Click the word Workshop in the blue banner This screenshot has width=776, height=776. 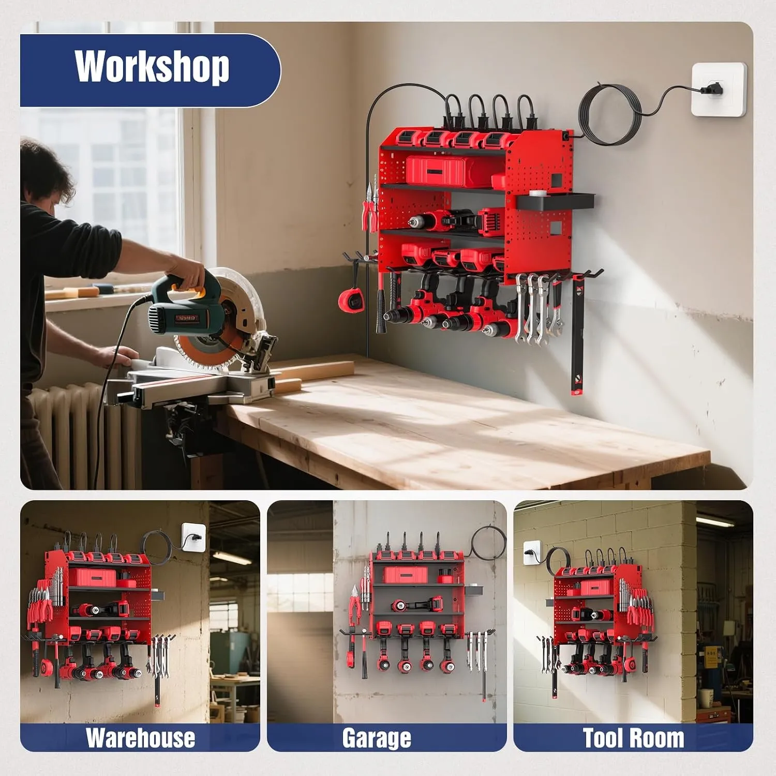coord(152,67)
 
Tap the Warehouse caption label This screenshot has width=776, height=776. coord(140,738)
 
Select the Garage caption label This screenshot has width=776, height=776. coord(377,738)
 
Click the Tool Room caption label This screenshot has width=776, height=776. coord(633,738)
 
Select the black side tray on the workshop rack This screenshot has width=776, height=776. coord(556,201)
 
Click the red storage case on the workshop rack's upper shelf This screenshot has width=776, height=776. coord(446,172)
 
